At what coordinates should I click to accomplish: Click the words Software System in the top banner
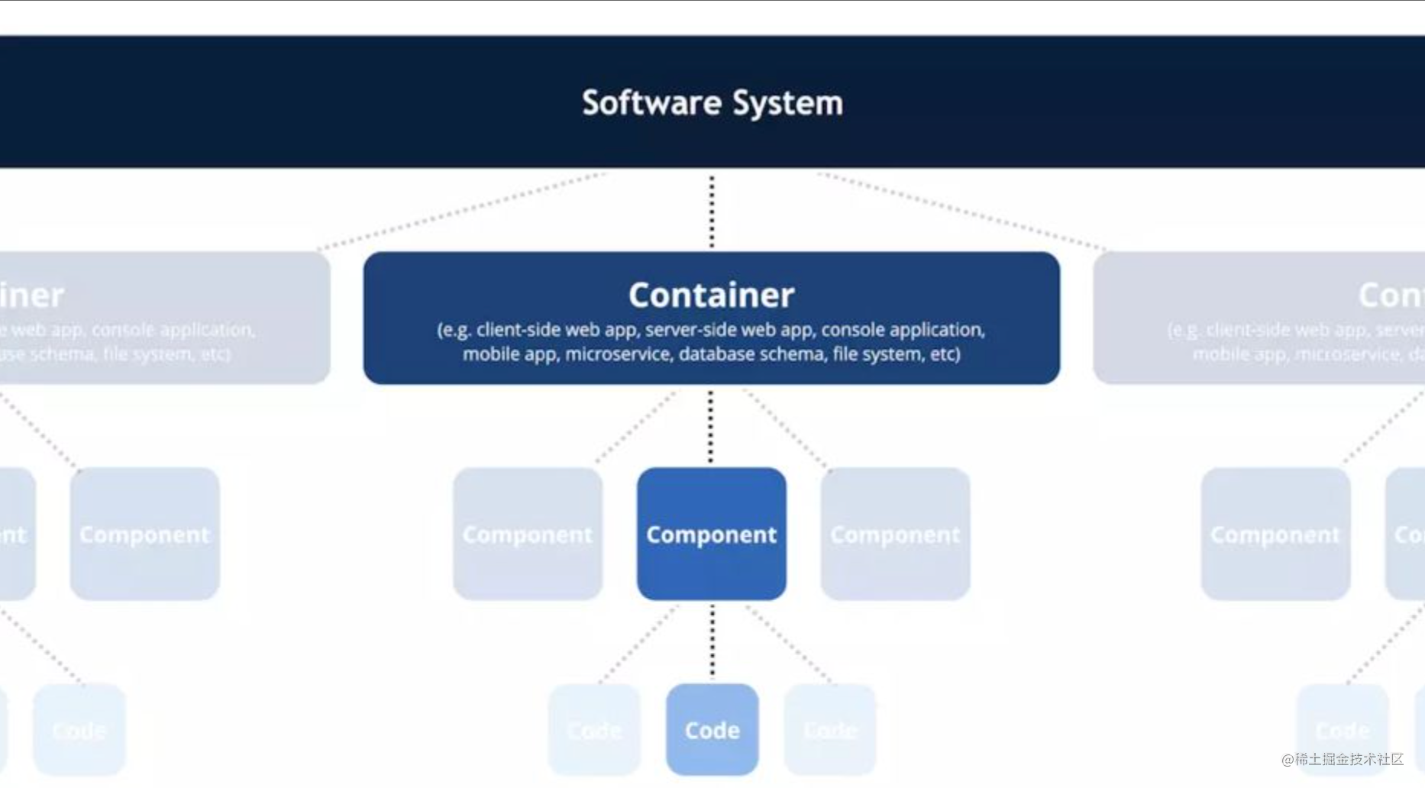pos(712,103)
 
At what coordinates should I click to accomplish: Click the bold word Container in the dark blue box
pos(711,295)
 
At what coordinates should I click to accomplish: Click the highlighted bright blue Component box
pos(711,534)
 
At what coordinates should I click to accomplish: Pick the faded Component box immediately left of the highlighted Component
pos(527,534)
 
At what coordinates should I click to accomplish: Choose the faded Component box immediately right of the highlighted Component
pos(895,534)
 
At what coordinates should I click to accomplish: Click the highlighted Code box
pos(712,730)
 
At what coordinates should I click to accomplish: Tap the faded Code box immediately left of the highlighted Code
pos(594,730)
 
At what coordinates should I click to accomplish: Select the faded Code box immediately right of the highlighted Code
pos(829,730)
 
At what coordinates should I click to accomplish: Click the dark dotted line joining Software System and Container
pos(712,211)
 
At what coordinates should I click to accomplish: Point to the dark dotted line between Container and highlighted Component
pos(711,426)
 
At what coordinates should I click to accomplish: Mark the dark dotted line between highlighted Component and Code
pos(712,641)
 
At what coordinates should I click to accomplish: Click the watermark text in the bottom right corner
pos(1342,759)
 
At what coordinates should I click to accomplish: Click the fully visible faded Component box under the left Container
pos(144,534)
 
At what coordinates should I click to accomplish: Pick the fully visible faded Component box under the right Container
pos(1275,534)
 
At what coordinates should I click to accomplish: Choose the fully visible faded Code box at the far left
pos(79,730)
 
